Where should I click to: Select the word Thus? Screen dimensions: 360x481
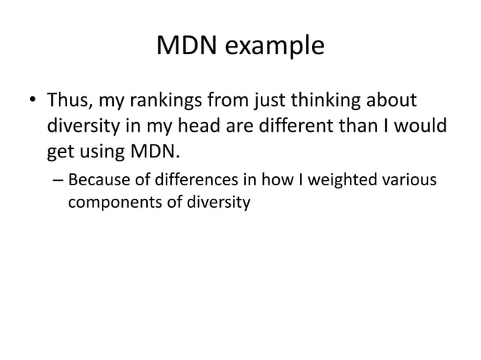68,100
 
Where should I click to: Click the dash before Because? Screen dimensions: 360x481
59,181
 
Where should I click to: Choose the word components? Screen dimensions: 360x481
112,203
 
